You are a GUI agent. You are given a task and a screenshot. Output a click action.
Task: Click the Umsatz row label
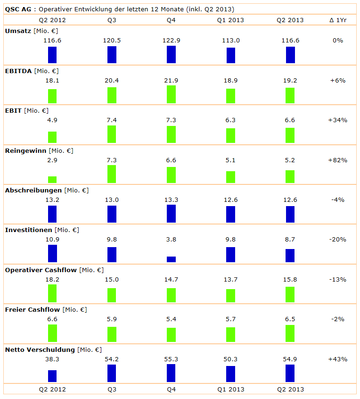(17, 31)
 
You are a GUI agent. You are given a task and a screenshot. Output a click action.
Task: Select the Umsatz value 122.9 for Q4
(171, 41)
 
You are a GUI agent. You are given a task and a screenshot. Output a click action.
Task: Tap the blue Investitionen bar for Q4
(171, 259)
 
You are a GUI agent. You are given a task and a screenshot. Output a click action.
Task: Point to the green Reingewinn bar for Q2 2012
(52, 180)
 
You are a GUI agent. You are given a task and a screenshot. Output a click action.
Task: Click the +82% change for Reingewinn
(337, 160)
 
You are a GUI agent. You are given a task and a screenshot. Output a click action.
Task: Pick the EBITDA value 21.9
(171, 80)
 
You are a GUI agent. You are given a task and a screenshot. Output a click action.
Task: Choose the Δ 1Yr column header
(337, 20)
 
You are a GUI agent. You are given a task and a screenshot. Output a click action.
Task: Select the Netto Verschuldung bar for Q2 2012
(52, 376)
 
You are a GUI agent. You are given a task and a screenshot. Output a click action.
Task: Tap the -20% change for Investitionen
(337, 240)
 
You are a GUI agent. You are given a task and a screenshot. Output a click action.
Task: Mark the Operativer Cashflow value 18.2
(52, 280)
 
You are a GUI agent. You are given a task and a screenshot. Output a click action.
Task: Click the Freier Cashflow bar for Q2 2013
(290, 333)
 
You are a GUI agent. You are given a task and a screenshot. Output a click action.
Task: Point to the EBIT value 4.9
(52, 120)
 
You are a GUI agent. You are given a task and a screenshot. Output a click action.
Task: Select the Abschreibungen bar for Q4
(171, 214)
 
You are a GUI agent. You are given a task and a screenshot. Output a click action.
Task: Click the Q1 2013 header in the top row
(230, 20)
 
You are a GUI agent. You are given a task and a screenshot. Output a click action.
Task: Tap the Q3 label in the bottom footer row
(112, 390)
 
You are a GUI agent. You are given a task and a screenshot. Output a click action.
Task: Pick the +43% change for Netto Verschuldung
(337, 359)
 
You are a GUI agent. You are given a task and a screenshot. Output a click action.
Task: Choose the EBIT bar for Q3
(112, 134)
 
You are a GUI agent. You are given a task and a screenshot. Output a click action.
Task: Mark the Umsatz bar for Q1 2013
(230, 56)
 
